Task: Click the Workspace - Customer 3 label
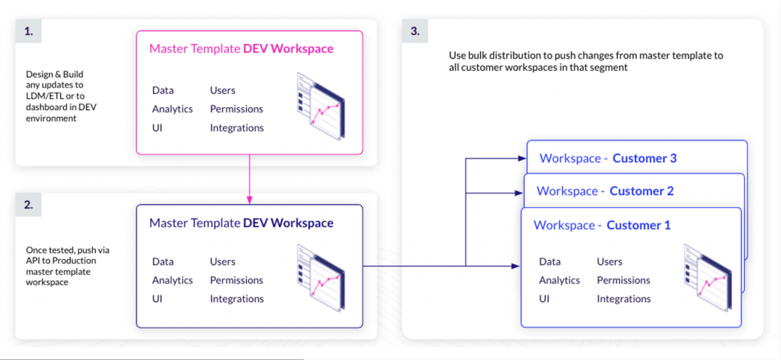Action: point(608,159)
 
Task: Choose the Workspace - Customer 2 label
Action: point(604,191)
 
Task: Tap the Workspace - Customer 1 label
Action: point(601,225)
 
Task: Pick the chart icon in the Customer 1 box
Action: point(706,277)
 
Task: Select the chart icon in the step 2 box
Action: point(319,277)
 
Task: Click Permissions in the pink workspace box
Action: point(236,109)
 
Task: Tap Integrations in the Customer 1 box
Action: point(623,299)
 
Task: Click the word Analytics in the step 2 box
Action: point(172,280)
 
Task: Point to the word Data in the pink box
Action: point(162,91)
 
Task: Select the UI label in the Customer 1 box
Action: point(544,299)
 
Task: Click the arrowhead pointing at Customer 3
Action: point(522,159)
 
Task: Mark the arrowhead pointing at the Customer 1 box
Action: point(516,266)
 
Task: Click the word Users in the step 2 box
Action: point(223,262)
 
